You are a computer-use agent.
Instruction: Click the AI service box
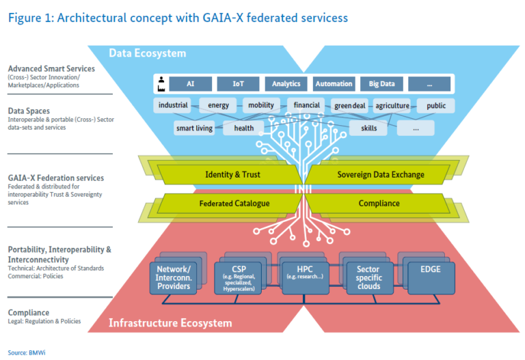190,83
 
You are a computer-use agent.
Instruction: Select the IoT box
238,83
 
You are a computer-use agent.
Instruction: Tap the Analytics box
286,83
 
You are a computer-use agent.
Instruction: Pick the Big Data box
381,83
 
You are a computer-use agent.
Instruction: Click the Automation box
334,83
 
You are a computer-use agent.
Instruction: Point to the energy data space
218,105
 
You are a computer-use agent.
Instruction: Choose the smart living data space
194,128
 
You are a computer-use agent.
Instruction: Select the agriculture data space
392,105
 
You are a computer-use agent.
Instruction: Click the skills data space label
368,128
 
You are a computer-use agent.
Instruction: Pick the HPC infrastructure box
306,278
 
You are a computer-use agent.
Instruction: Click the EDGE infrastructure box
431,278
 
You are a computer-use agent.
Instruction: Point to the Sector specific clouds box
370,278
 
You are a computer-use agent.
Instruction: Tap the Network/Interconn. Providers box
173,278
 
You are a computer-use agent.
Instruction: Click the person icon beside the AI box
161,80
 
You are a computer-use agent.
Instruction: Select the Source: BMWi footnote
27,352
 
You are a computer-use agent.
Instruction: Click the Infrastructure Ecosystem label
170,323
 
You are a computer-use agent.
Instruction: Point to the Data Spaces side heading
29,111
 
